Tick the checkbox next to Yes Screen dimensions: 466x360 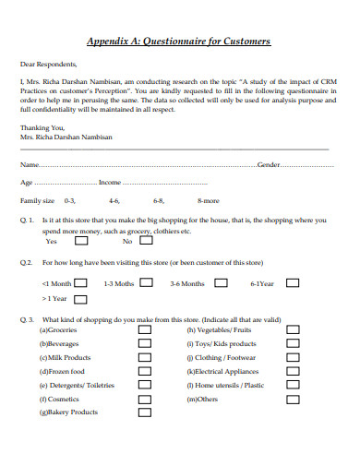80,242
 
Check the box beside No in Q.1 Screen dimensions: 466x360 147,242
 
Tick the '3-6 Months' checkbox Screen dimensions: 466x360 219,283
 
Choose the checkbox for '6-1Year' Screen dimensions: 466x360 292,283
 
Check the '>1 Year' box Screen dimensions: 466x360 80,299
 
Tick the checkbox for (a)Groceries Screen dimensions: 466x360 145,329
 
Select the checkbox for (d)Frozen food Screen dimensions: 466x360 145,371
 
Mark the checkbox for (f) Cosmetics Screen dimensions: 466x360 145,399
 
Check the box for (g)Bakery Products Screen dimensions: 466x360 145,412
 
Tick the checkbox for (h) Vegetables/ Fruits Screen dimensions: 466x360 293,329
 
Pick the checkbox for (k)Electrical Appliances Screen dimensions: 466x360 293,371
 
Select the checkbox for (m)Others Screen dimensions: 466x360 293,399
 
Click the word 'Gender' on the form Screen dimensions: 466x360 269,164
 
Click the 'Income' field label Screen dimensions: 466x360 109,183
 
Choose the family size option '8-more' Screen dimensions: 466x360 209,200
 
